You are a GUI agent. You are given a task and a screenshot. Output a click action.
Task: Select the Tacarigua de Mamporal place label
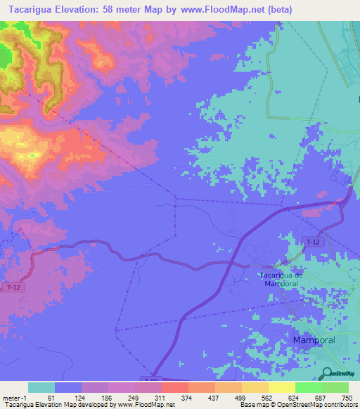click(281, 279)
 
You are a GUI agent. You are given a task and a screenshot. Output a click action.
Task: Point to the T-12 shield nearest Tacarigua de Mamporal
click(314, 242)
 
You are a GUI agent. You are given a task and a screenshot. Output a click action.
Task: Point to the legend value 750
click(347, 398)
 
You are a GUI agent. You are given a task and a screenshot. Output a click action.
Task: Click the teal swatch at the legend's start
click(41, 387)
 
